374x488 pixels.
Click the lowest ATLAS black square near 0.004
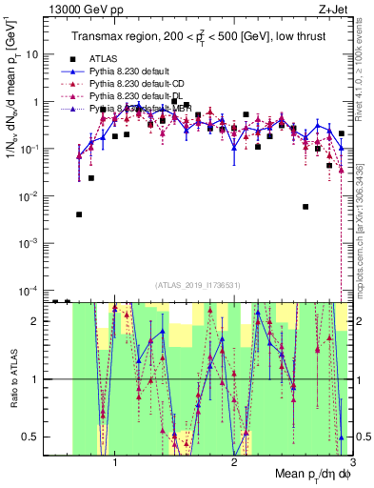[x=79, y=214]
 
